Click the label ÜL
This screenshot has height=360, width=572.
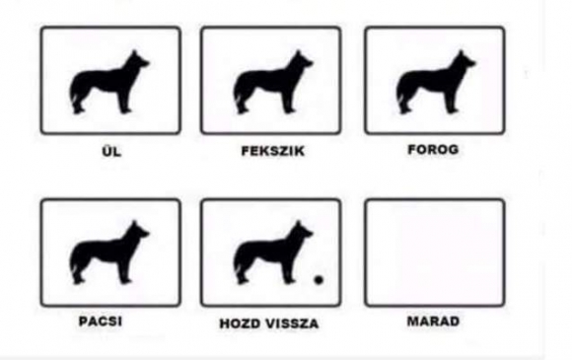click(111, 151)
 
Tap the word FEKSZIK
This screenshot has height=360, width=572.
click(273, 151)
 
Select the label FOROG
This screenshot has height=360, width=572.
click(433, 149)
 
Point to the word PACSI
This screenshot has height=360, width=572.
click(101, 321)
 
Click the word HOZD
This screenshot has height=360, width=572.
click(240, 324)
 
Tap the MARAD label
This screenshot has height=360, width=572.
click(433, 321)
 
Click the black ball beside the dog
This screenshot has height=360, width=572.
click(319, 280)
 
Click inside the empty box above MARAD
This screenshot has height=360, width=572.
click(435, 252)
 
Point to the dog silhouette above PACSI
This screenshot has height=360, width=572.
click(106, 254)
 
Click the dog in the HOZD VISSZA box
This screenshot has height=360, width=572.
click(270, 254)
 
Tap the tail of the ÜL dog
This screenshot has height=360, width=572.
click(74, 95)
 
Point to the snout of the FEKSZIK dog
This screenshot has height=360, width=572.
click(309, 63)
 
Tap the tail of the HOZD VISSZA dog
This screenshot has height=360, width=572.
click(239, 265)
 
